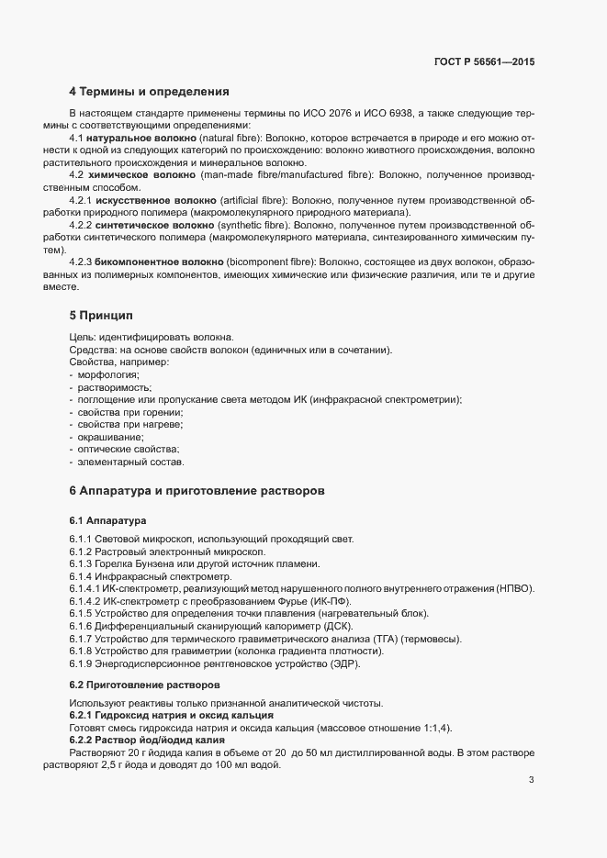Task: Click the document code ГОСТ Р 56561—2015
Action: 484,61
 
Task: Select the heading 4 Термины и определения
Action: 149,92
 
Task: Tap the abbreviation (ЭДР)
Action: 343,663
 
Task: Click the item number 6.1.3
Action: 83,563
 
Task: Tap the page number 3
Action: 531,781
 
